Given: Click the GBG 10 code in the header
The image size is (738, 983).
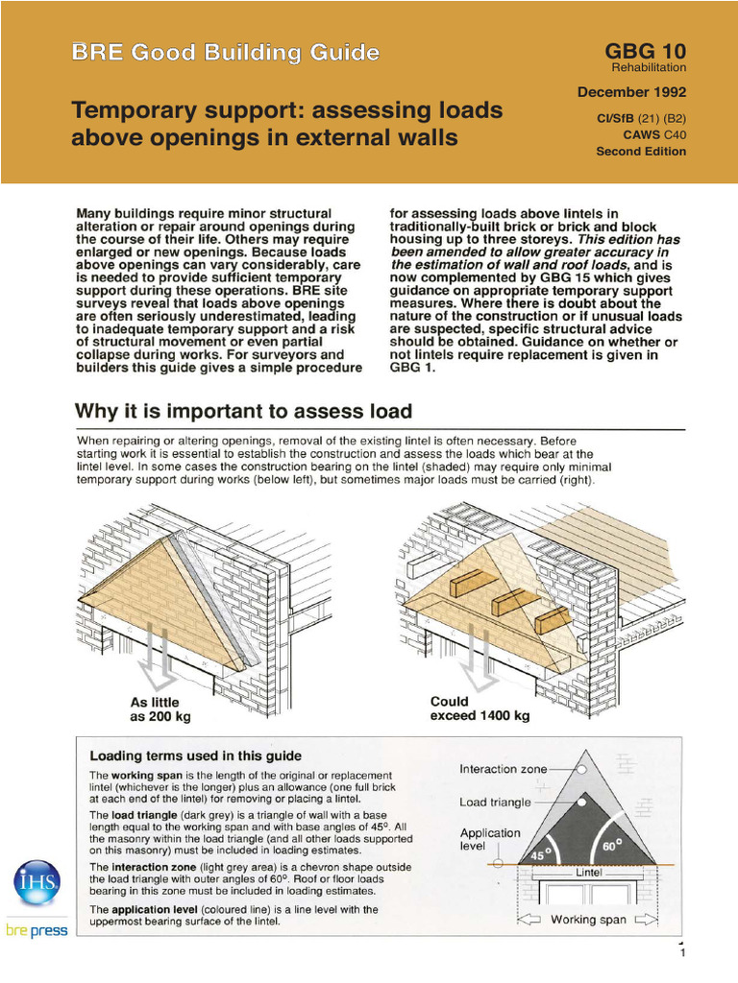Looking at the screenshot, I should click(645, 52).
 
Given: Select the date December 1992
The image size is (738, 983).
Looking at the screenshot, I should click(631, 92).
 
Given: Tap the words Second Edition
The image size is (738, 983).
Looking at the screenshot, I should click(641, 151).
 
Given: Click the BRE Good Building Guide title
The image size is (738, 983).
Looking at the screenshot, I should click(225, 53).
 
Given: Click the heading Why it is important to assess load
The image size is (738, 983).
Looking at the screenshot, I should click(244, 412).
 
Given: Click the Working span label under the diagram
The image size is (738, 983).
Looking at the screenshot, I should click(588, 920).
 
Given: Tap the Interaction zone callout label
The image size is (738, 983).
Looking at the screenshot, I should click(504, 769).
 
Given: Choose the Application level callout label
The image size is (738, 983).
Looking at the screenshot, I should click(489, 841).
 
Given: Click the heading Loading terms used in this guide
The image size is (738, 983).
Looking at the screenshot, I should click(195, 755).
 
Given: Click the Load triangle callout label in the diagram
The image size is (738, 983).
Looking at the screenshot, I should click(500, 802).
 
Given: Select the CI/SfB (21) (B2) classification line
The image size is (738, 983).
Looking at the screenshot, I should click(642, 118).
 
